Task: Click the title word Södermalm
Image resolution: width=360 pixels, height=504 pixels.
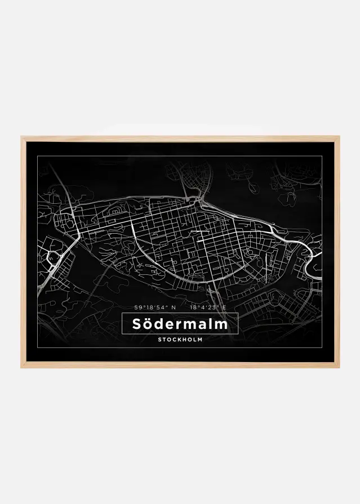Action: coord(180,324)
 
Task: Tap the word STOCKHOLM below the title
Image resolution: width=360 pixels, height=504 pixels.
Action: coord(180,340)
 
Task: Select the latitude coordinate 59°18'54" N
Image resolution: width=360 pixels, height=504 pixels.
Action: coord(155,307)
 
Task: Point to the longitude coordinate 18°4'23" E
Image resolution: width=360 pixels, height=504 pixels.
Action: coord(208,307)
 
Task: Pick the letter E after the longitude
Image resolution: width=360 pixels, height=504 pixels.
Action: coord(224,307)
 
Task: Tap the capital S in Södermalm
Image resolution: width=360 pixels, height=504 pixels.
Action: coord(136,324)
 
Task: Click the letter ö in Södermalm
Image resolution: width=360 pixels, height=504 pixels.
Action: coord(148,325)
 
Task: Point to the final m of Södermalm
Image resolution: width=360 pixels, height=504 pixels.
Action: coord(221,325)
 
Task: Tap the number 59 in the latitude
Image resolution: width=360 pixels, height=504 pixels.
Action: coord(138,307)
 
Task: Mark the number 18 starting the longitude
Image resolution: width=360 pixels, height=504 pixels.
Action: coord(194,307)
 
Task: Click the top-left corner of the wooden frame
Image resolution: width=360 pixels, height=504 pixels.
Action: coord(23,137)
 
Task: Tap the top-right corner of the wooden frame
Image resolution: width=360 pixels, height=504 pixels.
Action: coord(339,137)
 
